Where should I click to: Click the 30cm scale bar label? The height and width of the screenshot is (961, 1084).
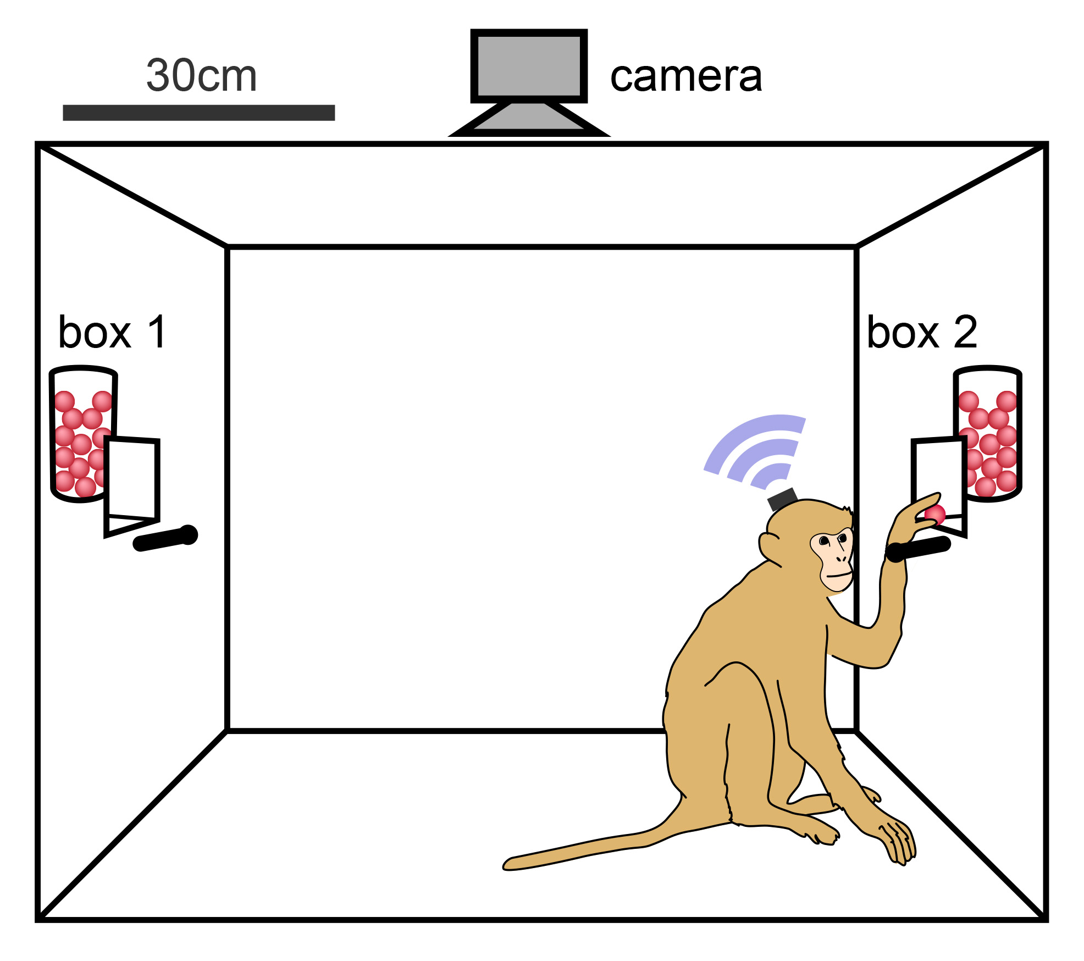201,75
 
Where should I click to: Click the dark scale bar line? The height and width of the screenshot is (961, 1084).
198,113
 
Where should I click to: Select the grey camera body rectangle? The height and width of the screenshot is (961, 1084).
529,65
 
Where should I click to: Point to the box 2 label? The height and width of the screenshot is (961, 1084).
922,332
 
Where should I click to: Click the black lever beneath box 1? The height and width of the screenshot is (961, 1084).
165,538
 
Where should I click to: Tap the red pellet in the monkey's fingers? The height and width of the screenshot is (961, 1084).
934,515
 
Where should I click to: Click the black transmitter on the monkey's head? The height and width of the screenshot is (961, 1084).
782,499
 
